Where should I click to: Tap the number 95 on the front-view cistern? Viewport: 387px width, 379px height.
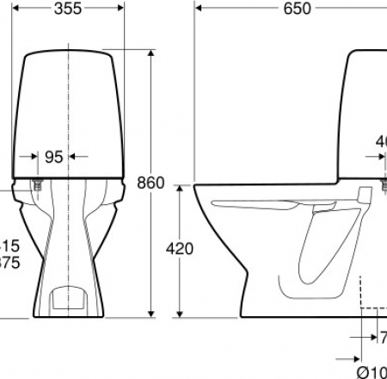click(54, 157)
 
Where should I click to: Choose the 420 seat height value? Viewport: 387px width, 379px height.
click(179, 249)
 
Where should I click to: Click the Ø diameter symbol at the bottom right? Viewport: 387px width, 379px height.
click(362, 370)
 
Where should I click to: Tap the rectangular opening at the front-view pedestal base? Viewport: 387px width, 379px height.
click(68, 298)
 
